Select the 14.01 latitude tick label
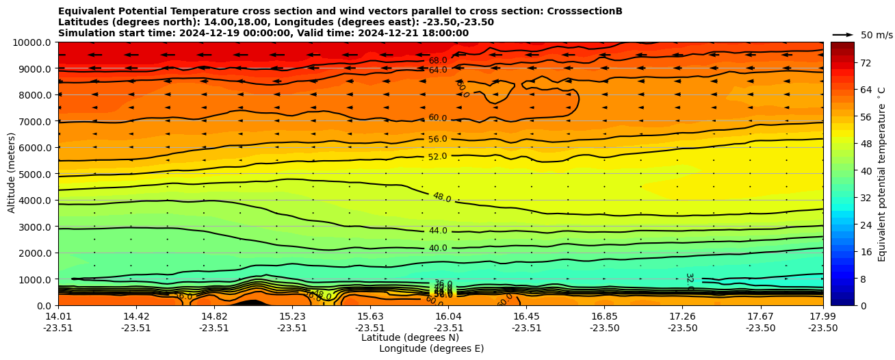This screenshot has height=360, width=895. (58, 316)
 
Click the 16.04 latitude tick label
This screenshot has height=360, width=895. (449, 316)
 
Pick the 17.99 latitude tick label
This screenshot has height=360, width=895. (822, 316)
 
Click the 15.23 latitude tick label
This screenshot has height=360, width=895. (292, 316)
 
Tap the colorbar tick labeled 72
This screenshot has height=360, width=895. (865, 63)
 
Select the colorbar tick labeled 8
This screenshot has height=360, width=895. (862, 279)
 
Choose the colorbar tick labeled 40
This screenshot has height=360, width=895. (865, 171)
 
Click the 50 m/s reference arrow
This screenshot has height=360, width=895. (843, 35)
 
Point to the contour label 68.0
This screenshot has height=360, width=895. (438, 61)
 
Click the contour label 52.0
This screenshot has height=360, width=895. (438, 157)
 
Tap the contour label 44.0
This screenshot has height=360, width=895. (438, 231)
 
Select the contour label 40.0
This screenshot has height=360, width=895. (438, 248)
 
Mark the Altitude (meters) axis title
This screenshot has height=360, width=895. (12, 174)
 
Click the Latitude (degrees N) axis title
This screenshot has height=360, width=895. (410, 337)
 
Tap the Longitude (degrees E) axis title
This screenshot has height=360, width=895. (431, 348)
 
